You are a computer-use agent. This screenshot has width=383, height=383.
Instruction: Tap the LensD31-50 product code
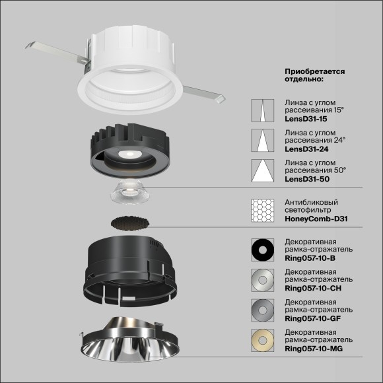coord(305,180)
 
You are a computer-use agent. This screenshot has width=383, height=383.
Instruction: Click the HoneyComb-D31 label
coord(316,219)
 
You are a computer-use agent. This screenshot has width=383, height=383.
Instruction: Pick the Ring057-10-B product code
coord(309,258)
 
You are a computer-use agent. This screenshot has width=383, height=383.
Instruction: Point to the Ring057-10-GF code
coord(312,318)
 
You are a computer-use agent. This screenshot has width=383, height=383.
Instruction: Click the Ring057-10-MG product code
coord(312,348)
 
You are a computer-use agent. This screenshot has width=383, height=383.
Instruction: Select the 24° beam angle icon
coord(262,141)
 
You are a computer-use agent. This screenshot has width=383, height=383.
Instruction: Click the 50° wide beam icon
coord(262,171)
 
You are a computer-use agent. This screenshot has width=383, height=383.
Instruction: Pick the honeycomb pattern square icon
coord(262,211)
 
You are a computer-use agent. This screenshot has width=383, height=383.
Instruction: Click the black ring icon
coord(262,250)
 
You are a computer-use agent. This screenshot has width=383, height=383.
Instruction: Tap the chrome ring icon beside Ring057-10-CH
coord(262,280)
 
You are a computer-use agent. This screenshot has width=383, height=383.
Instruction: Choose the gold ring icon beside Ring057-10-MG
coord(262,340)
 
